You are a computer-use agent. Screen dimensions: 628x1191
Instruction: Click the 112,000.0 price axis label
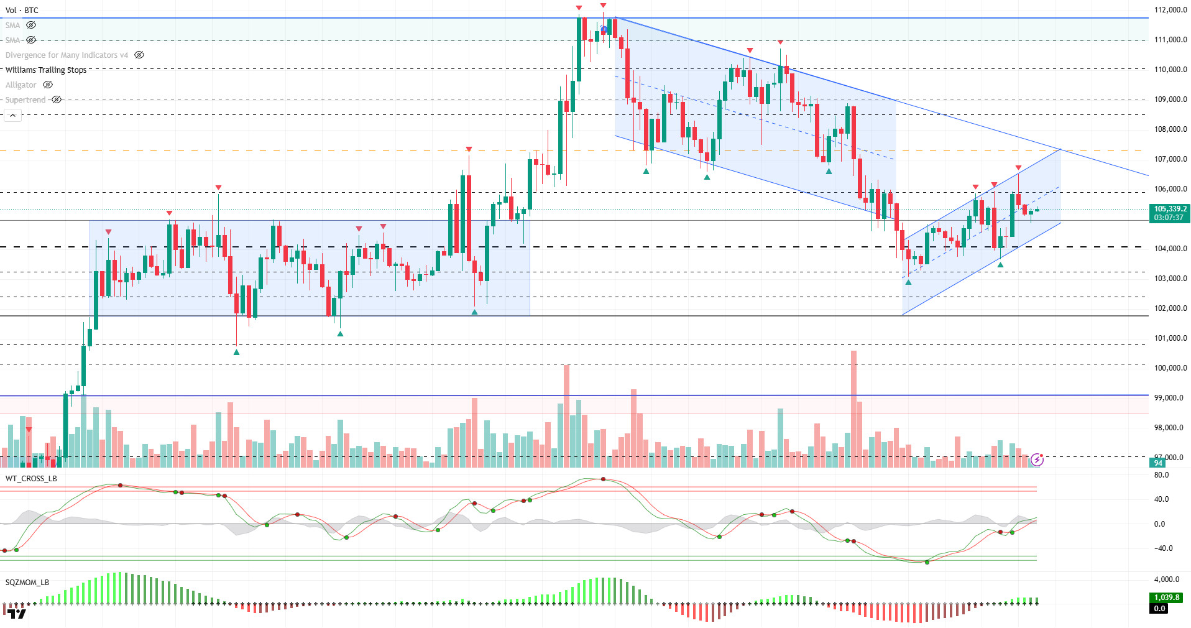[x=1170, y=10]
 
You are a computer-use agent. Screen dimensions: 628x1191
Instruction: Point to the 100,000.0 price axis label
[x=1170, y=368]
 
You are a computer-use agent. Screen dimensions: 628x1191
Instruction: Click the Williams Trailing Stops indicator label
[x=46, y=70]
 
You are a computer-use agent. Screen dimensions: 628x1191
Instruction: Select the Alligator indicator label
[x=21, y=85]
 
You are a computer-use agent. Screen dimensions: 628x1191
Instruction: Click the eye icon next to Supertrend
[x=57, y=99]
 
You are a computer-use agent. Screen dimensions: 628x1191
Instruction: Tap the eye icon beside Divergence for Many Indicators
[x=139, y=55]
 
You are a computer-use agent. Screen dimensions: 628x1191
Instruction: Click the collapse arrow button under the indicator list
[x=12, y=116]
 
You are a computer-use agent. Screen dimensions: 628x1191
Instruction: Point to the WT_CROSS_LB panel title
[x=31, y=479]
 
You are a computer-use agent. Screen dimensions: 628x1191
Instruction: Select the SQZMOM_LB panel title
[x=27, y=583]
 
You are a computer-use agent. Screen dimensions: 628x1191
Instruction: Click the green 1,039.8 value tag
[x=1166, y=598]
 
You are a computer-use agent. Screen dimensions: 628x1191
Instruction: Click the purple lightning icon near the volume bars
[x=1037, y=460]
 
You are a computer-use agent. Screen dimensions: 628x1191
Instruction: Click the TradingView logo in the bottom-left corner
[x=17, y=614]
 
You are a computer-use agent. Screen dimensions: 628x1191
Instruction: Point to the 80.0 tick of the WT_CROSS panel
[x=1161, y=475]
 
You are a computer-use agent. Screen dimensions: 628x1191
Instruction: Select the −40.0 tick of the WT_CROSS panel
[x=1162, y=548]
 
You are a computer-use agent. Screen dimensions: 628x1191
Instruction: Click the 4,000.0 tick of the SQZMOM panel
[x=1166, y=580]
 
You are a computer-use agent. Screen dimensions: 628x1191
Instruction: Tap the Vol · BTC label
[x=22, y=11]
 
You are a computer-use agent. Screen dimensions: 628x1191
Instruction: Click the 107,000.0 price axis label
[x=1170, y=159]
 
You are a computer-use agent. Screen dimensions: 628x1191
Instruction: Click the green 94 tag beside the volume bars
[x=1158, y=463]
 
